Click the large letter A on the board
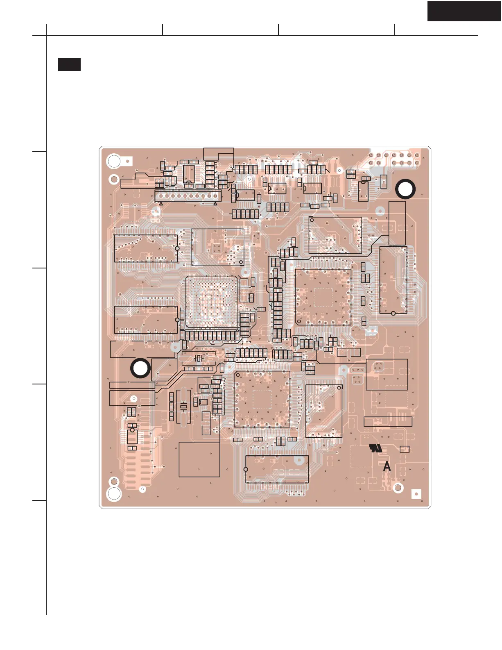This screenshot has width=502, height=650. [x=387, y=466]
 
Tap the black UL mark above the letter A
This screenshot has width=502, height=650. [x=375, y=448]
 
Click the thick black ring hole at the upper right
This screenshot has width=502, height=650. [x=405, y=189]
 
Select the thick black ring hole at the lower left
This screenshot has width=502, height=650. [x=140, y=368]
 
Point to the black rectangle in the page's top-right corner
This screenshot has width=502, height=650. [x=464, y=11]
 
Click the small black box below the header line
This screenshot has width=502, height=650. [x=69, y=65]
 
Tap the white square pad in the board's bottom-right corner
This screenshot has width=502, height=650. [x=416, y=494]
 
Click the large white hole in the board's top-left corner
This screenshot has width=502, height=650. [x=114, y=161]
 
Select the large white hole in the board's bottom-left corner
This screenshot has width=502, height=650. [x=114, y=494]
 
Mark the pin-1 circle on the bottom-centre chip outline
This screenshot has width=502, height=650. [x=246, y=469]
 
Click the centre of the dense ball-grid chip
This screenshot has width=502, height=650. [x=212, y=302]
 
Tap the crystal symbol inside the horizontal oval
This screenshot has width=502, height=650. [x=199, y=359]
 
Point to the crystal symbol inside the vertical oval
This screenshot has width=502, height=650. [x=184, y=406]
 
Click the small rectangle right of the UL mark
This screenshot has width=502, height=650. [x=405, y=449]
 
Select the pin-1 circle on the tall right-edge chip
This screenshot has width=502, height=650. [x=393, y=314]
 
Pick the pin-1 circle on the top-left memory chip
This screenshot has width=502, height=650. [x=177, y=248]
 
